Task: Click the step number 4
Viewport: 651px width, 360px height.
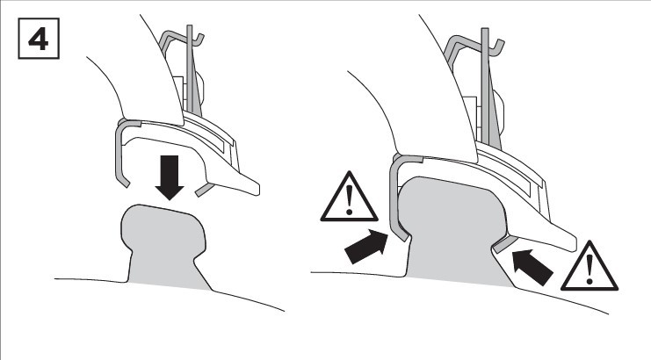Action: click(38, 40)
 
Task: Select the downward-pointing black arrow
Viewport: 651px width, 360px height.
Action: click(170, 177)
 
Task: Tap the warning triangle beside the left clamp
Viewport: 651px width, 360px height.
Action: click(349, 196)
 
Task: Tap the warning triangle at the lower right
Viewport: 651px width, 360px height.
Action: click(590, 266)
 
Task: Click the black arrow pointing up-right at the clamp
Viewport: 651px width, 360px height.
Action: click(366, 247)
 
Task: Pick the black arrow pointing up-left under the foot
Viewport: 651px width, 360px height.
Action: click(532, 267)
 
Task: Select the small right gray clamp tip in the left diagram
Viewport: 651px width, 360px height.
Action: click(205, 189)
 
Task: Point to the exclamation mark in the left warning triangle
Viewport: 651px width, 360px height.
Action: click(349, 200)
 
